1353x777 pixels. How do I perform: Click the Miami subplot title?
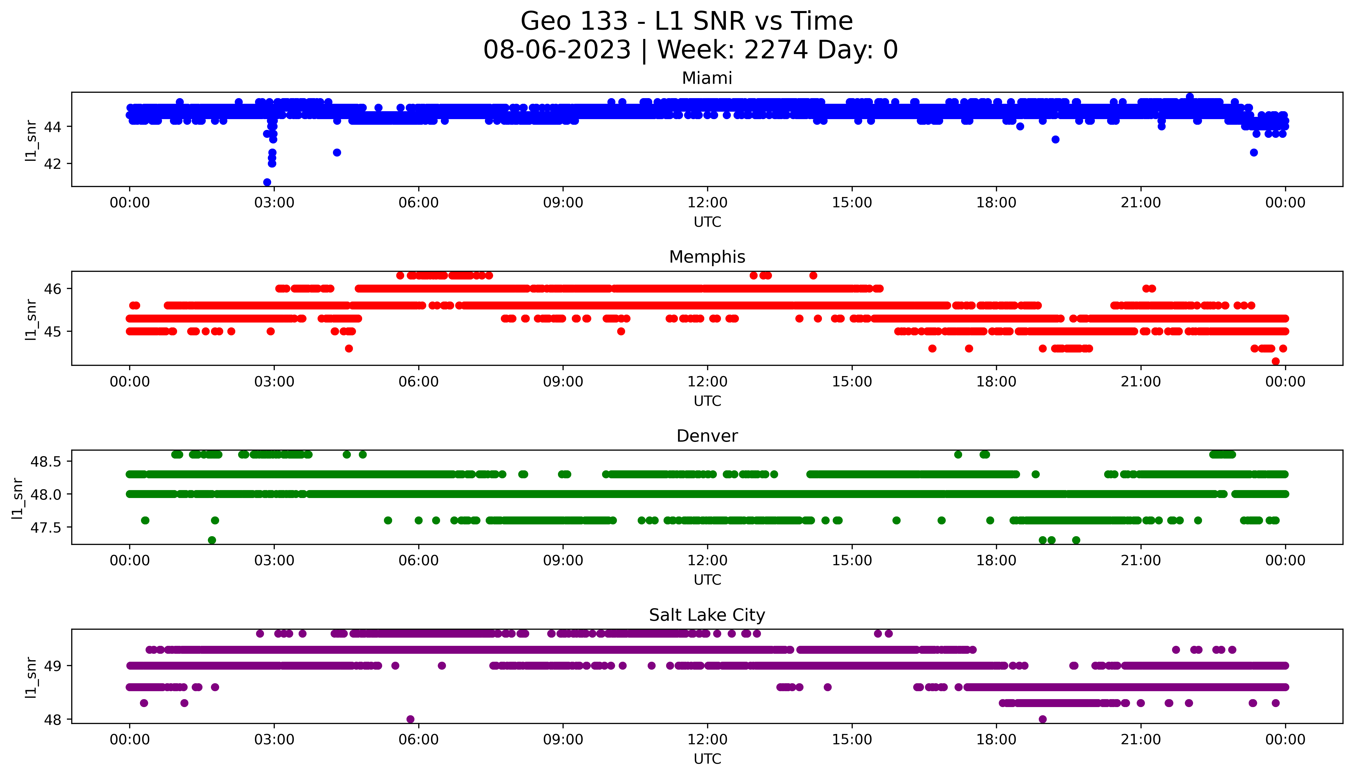[x=707, y=78]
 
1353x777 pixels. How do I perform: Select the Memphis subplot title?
[x=707, y=257]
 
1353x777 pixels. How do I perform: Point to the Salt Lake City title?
[x=707, y=615]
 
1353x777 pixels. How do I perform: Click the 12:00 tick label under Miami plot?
[x=707, y=203]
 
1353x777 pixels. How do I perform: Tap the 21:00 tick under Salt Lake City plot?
[x=1141, y=740]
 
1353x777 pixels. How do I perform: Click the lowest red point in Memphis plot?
[x=1276, y=361]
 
